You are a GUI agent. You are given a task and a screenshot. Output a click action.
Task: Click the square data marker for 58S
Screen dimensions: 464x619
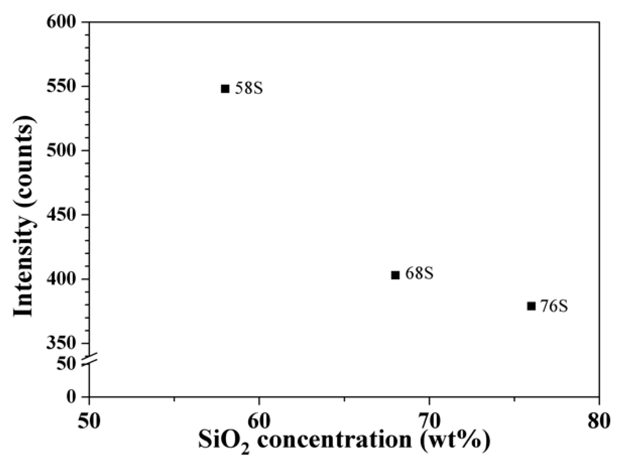pyautogui.click(x=225, y=89)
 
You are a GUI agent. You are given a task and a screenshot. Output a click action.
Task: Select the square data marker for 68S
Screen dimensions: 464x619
pyautogui.click(x=395, y=275)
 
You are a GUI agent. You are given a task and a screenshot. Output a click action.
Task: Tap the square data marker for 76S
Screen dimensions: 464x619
pyautogui.click(x=531, y=306)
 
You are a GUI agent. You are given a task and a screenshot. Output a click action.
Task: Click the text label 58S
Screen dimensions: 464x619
pyautogui.click(x=249, y=89)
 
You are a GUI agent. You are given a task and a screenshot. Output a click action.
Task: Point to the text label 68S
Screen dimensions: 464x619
pyautogui.click(x=419, y=274)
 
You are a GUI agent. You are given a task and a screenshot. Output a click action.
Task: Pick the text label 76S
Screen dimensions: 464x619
pyautogui.click(x=554, y=307)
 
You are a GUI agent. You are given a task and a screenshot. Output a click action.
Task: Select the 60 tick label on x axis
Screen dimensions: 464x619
pyautogui.click(x=259, y=422)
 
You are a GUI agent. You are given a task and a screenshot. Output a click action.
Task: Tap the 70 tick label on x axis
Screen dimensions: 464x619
pyautogui.click(x=429, y=422)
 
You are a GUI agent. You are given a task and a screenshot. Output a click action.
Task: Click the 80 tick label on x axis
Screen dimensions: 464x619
pyautogui.click(x=599, y=422)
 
